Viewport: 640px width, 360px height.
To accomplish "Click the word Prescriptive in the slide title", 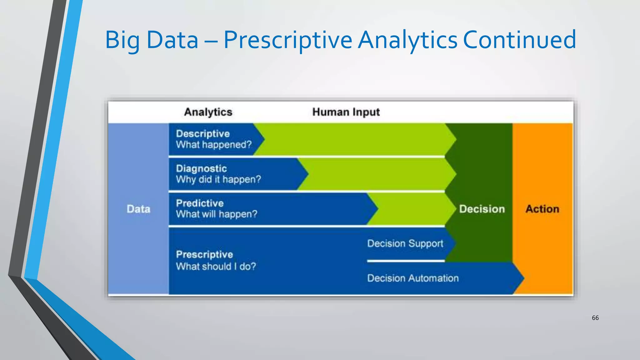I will (288, 40).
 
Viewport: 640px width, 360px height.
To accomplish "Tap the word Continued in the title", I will (519, 40).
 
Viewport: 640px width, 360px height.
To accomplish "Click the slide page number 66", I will (595, 318).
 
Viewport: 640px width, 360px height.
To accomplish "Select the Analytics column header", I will (208, 112).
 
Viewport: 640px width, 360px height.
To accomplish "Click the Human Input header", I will (346, 112).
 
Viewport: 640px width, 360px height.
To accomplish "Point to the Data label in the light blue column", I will (138, 209).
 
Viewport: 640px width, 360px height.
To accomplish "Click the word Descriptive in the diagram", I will (203, 134).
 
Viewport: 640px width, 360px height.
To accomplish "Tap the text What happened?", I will (214, 145).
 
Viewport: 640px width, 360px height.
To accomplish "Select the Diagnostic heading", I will (201, 168).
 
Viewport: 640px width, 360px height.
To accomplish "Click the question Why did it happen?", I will (218, 179).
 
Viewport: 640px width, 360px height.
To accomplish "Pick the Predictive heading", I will (200, 203).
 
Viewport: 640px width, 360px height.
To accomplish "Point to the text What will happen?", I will (217, 214).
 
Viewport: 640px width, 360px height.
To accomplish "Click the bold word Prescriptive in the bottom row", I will (204, 254).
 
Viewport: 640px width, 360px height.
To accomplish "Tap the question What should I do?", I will (216, 266).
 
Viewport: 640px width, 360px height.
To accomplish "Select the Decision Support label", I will (405, 243).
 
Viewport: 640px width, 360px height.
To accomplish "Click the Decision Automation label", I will (413, 278).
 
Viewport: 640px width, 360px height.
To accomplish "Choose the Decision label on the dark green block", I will (482, 209).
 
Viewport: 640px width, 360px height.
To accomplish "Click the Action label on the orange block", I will (542, 209).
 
